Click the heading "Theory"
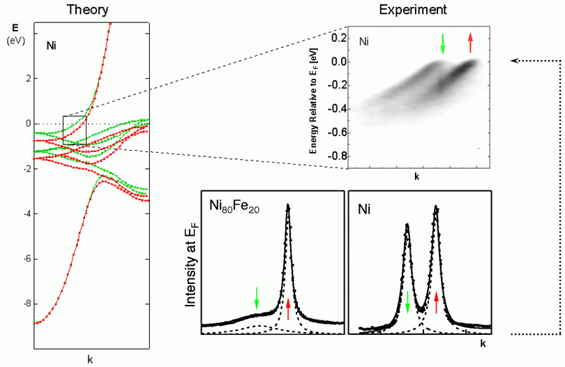pyautogui.click(x=93, y=10)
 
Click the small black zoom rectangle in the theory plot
pyautogui.click(x=75, y=130)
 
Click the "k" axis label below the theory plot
pyautogui.click(x=90, y=359)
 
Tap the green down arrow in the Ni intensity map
pyautogui.click(x=442, y=44)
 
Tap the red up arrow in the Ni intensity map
pyautogui.click(x=471, y=43)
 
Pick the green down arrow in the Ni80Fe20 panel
pyautogui.click(x=257, y=299)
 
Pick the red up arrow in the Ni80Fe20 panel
pyautogui.click(x=288, y=308)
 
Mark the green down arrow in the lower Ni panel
pyautogui.click(x=408, y=301)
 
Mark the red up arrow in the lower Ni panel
pyautogui.click(x=437, y=302)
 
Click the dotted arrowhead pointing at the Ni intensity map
pyautogui.click(x=515, y=61)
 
